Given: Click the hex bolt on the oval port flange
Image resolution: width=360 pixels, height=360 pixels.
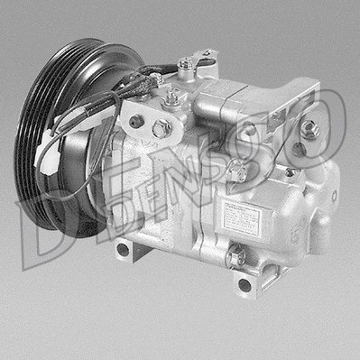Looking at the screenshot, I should [x=162, y=128].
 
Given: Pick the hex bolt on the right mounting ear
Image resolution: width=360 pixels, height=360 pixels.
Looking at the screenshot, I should [x=309, y=129].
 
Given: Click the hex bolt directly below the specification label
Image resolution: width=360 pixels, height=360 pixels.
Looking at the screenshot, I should [x=237, y=258].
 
